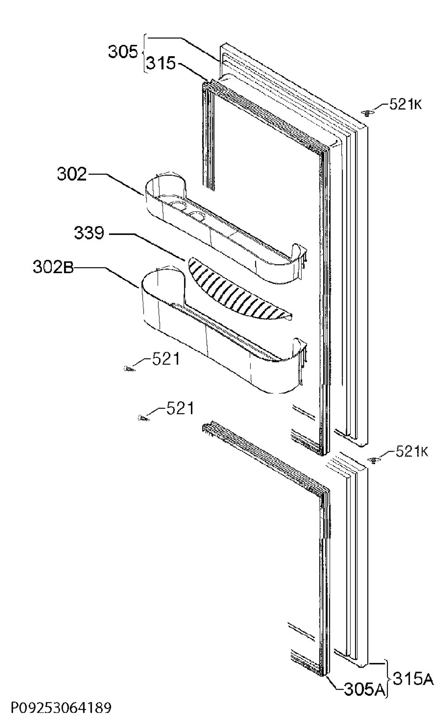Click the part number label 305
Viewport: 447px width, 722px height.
tap(123, 52)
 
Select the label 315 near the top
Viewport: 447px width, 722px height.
tap(161, 63)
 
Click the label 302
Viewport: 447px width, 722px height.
tap(72, 174)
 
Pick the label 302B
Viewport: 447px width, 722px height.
tap(53, 267)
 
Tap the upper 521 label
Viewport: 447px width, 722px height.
tap(166, 359)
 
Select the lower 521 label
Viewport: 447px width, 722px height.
tap(180, 408)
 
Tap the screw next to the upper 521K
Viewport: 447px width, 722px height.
tap(367, 113)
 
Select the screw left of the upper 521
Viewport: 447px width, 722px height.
tap(129, 368)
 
